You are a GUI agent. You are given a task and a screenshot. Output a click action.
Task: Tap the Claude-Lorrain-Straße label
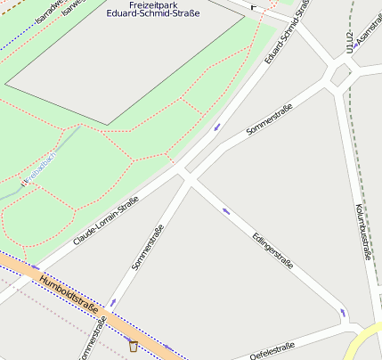tap(105, 222)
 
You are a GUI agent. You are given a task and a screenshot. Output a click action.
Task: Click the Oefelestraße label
tap(272, 351)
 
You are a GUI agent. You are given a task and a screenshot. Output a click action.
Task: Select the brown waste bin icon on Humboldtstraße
tap(134, 346)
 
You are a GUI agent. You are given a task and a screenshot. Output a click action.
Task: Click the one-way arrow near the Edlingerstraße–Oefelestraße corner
tap(343, 313)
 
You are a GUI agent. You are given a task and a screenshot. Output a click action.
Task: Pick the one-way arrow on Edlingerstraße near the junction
tap(226, 211)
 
